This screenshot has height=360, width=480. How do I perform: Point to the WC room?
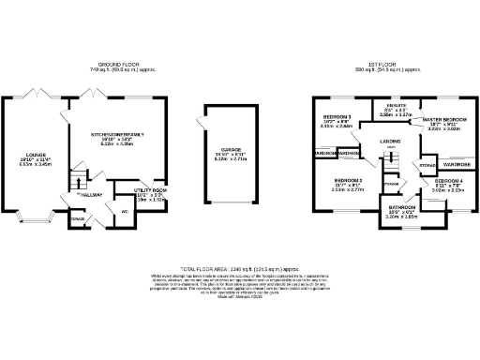pyautogui.click(x=124, y=211)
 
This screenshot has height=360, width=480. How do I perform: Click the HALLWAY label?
pyautogui.click(x=90, y=195)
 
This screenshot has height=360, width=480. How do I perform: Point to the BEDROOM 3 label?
pyautogui.click(x=337, y=117)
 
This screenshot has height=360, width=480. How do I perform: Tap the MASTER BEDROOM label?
pyautogui.click(x=445, y=121)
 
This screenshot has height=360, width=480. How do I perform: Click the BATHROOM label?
pyautogui.click(x=403, y=206)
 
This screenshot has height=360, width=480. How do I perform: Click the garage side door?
pyautogui.click(x=200, y=128)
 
